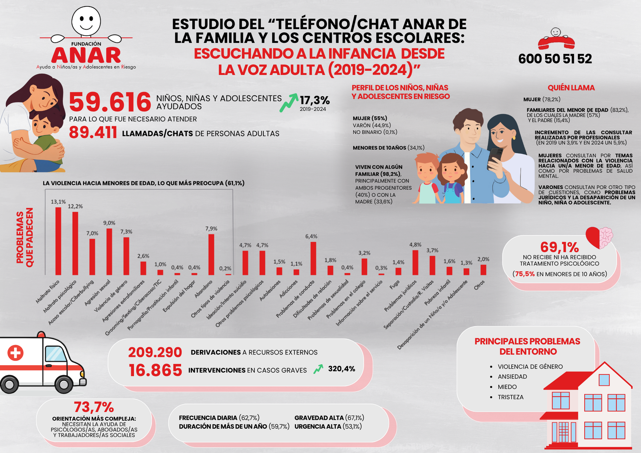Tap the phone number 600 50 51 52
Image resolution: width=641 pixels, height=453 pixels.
tap(555, 59)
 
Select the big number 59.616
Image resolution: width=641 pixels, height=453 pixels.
tap(110, 102)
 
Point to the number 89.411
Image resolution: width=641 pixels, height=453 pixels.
tap(93, 133)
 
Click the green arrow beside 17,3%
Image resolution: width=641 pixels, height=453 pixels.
tap(289, 102)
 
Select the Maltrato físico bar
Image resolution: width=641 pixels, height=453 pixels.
tap(58, 241)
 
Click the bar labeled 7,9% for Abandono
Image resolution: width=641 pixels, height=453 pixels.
tap(211, 254)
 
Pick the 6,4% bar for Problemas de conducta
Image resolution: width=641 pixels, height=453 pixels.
tap(313, 258)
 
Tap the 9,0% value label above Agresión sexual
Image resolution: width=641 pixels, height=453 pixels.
tap(109, 223)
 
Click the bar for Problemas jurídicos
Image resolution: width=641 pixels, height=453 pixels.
tap(415, 262)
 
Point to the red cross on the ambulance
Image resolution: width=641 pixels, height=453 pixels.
tap(15, 353)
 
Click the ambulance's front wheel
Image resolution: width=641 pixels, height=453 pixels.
tap(63, 385)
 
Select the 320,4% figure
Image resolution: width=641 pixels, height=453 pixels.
tap(342, 369)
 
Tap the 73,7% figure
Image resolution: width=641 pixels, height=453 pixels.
tap(94, 407)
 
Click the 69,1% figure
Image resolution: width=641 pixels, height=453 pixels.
tap(560, 247)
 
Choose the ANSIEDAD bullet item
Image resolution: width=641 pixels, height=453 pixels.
tap(512, 377)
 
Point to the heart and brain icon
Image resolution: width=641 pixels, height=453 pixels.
tap(599, 237)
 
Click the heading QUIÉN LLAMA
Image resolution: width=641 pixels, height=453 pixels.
tap(571, 88)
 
